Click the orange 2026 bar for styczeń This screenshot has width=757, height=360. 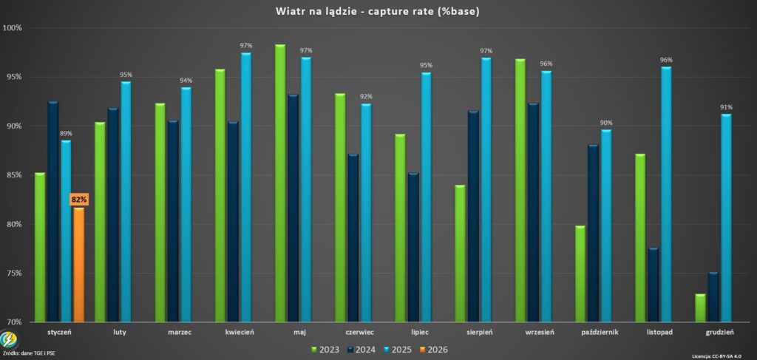78,265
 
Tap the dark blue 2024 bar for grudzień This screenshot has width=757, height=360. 713,297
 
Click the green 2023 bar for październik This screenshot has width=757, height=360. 580,274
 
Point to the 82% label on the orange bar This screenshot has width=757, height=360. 78,200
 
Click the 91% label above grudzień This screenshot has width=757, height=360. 726,107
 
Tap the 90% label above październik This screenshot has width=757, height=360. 606,123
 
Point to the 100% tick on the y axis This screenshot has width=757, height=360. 13,28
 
